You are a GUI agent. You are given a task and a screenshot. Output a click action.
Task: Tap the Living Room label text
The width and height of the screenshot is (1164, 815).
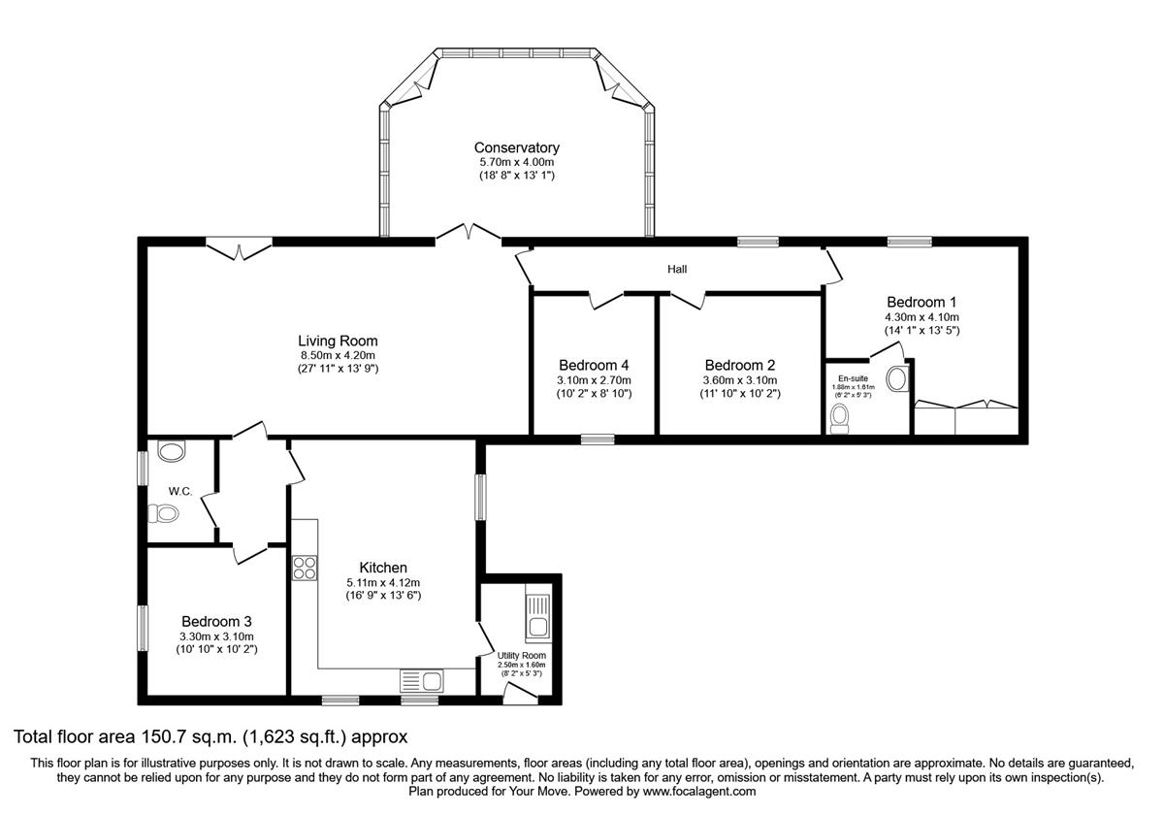338,341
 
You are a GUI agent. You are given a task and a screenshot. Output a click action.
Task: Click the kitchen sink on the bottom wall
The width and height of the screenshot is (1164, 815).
421,681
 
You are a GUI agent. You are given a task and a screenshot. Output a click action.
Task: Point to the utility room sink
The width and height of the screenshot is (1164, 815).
536,617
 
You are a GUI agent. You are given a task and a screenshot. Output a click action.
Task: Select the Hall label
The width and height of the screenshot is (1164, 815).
677,269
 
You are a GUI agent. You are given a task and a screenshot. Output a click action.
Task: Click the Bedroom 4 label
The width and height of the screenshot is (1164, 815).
594,365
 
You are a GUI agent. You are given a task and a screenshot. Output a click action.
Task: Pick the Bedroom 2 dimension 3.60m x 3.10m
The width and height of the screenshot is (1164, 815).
740,380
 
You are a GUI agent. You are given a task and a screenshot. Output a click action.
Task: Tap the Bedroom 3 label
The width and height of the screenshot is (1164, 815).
216,621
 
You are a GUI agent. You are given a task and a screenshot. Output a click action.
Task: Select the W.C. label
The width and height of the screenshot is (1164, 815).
180,491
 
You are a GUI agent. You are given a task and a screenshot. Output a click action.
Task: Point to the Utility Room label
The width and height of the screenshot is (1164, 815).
522,656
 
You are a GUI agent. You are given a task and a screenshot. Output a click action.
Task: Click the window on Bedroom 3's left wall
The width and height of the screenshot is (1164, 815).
142,628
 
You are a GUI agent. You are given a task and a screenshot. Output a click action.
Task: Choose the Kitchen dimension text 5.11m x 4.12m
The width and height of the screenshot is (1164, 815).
383,582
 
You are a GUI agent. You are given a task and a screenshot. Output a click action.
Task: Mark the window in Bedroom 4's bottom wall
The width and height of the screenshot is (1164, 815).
598,440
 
